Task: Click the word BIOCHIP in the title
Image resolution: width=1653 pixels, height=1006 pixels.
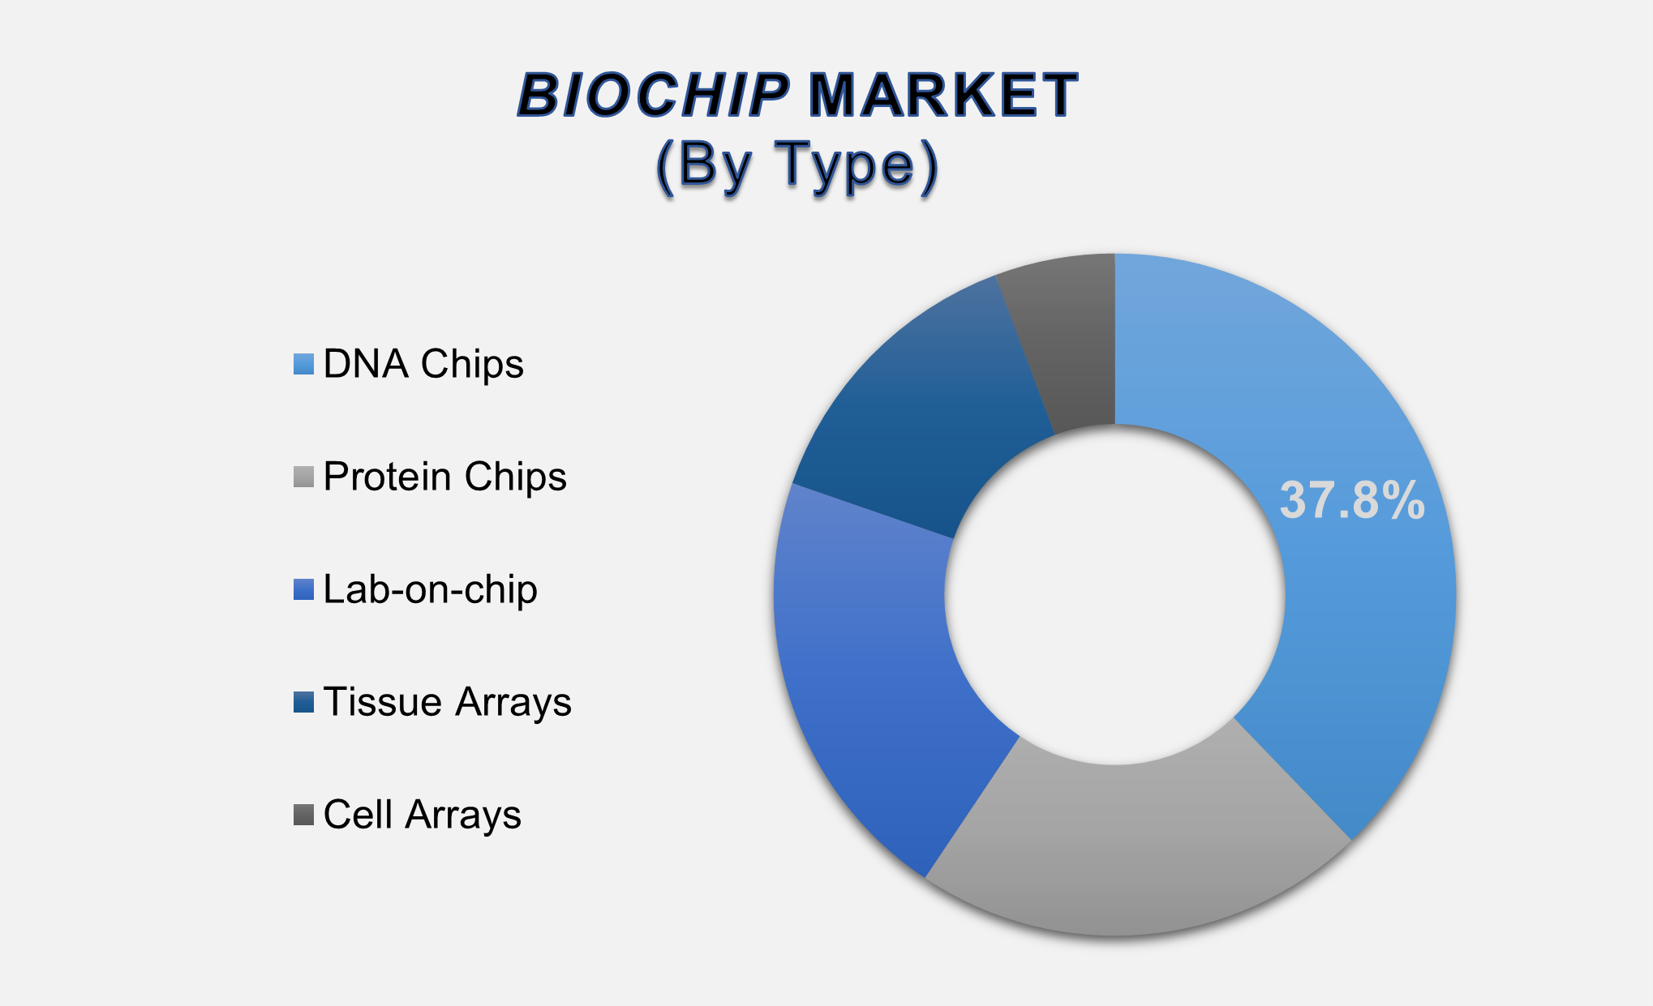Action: (x=653, y=96)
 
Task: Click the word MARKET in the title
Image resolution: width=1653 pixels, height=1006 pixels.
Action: (x=942, y=96)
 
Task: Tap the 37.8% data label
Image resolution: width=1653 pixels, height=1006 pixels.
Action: (x=1352, y=500)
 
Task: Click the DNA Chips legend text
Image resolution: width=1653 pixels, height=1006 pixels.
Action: (x=423, y=364)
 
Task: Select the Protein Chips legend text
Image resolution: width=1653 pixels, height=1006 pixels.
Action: (x=444, y=477)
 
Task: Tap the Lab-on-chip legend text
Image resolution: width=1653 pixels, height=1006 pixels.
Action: (x=430, y=589)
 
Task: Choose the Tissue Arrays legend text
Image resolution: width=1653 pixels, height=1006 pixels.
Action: (x=447, y=702)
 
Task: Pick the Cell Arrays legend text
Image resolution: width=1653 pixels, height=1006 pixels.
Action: (x=422, y=815)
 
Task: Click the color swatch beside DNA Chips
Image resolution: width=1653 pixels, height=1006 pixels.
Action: (x=303, y=364)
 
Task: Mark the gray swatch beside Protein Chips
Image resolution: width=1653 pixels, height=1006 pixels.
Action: (x=303, y=477)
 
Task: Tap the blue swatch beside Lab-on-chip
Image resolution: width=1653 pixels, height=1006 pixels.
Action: (x=303, y=589)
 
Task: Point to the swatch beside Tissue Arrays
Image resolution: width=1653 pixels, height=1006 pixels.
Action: (x=303, y=702)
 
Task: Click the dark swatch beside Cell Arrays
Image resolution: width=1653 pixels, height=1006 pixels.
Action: (x=303, y=815)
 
